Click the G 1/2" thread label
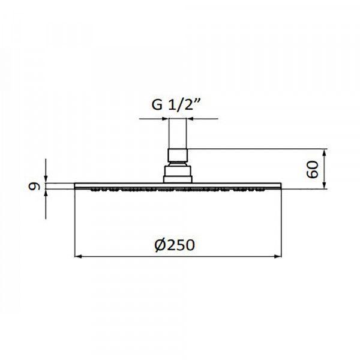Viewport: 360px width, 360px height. (x=176, y=104)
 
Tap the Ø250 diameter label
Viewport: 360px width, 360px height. (x=175, y=245)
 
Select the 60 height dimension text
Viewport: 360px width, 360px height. (x=313, y=169)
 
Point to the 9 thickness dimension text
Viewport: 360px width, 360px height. (x=34, y=186)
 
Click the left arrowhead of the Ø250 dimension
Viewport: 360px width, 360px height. (x=79, y=256)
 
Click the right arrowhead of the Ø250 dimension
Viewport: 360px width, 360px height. (x=277, y=256)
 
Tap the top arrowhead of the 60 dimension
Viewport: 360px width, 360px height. (x=324, y=152)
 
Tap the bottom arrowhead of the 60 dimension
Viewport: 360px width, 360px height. (x=324, y=185)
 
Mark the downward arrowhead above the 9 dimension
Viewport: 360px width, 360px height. (x=46, y=179)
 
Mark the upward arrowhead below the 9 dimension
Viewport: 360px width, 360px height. (x=46, y=193)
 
